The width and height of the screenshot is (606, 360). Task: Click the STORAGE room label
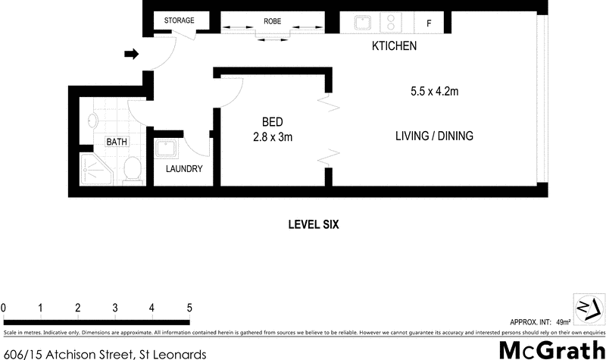(x=180, y=20)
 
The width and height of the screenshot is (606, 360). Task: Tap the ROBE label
(x=272, y=21)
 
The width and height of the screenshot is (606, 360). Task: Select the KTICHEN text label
(x=394, y=47)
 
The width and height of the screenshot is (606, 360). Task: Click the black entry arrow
(x=131, y=54)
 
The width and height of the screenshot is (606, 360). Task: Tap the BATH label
(x=117, y=142)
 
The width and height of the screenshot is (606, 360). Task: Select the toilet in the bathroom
(x=133, y=170)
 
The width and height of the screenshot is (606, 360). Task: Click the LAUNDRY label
(x=184, y=169)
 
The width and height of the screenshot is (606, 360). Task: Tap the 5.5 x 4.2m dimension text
(x=435, y=91)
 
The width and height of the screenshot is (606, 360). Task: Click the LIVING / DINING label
(x=434, y=136)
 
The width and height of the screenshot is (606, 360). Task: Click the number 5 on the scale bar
(x=189, y=308)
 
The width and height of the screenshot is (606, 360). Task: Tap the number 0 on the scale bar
(x=4, y=308)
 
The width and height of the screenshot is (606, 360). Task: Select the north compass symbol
(x=588, y=307)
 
